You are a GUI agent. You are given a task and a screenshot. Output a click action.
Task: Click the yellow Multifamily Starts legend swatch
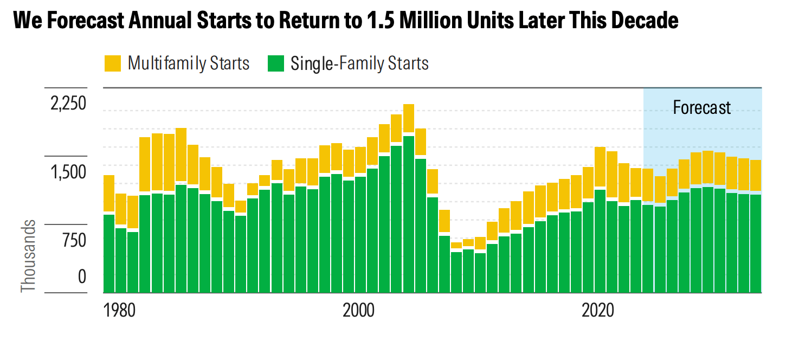(113, 63)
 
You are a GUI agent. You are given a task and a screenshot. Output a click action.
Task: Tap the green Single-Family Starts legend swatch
(276, 63)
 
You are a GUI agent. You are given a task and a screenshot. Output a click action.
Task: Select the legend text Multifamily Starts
(189, 63)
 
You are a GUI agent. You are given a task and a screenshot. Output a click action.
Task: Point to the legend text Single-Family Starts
(360, 63)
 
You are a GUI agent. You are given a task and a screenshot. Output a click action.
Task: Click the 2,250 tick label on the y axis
(68, 104)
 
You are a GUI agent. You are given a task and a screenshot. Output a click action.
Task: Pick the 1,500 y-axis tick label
(68, 172)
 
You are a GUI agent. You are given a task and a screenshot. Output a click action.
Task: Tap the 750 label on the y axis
(74, 240)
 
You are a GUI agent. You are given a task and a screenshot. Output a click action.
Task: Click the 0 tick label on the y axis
(82, 277)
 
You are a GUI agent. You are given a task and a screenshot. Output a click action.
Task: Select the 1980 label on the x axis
(119, 311)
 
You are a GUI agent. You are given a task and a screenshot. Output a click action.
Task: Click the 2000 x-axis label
(359, 311)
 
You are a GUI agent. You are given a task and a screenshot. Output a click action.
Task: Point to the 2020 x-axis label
(598, 311)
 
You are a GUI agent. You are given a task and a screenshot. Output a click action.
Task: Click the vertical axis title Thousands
(28, 256)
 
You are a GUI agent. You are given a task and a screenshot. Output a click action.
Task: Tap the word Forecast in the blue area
(702, 107)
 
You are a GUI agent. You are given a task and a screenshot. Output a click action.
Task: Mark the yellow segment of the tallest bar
(408, 118)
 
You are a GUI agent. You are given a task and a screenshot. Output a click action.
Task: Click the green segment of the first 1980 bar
(109, 254)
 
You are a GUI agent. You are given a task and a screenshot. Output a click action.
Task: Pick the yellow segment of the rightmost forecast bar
(756, 176)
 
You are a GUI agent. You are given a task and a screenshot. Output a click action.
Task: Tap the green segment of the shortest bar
(456, 272)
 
